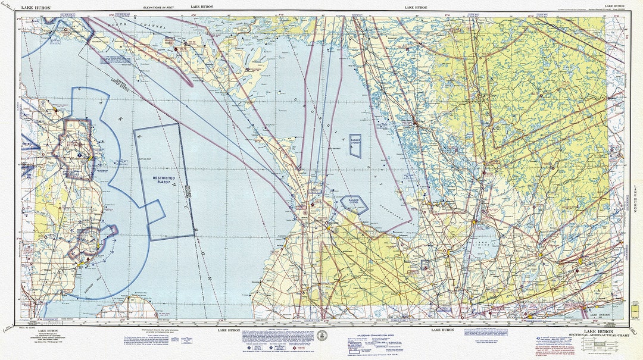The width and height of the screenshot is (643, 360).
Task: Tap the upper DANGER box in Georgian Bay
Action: [355, 145]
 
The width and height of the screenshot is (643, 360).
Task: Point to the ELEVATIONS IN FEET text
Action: [161, 7]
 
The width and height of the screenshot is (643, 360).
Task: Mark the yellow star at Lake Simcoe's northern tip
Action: [475, 222]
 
